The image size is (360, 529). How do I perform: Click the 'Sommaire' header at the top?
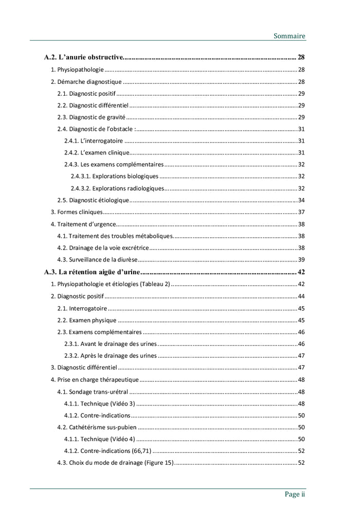coord(289,36)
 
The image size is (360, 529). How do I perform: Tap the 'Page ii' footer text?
coord(295,494)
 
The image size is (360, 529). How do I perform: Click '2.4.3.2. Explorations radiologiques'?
coord(117,188)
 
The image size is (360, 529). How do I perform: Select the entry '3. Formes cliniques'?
coord(77,212)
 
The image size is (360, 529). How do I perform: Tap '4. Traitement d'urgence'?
coord(83,224)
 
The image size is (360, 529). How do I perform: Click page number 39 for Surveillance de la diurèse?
coord(301,259)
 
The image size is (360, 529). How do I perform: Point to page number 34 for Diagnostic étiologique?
coord(301,200)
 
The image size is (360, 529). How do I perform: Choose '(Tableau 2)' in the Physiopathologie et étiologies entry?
coord(155,284)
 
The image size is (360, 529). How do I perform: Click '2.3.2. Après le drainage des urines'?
coord(111,356)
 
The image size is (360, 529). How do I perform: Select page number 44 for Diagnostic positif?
coord(301,296)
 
